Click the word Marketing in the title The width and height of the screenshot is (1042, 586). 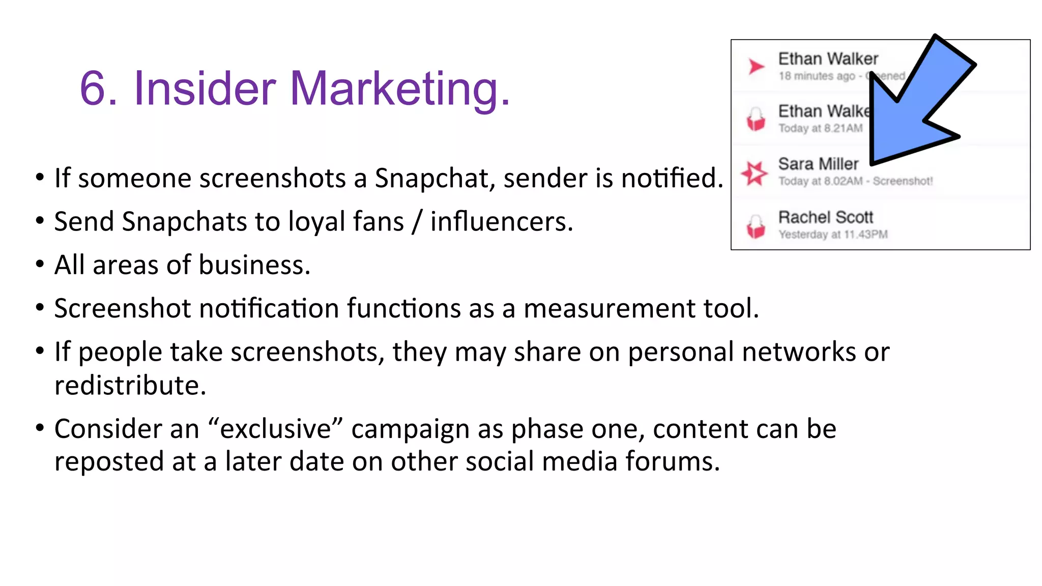click(399, 89)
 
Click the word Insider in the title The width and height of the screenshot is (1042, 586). click(204, 89)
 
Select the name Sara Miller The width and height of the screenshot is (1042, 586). click(818, 164)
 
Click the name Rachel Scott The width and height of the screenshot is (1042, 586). click(825, 217)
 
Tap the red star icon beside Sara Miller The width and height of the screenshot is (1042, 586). click(754, 173)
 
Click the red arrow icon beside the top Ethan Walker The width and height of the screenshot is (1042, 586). click(756, 66)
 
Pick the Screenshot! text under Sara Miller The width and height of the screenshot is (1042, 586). click(903, 181)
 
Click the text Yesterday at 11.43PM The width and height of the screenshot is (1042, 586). click(833, 235)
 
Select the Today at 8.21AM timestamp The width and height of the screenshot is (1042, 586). click(820, 128)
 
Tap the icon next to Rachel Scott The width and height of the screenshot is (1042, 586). click(756, 226)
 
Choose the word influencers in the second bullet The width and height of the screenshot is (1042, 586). click(502, 222)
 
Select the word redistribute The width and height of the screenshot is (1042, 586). click(130, 385)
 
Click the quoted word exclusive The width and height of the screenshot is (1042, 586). click(276, 428)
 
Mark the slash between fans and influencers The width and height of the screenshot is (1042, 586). click(417, 222)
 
